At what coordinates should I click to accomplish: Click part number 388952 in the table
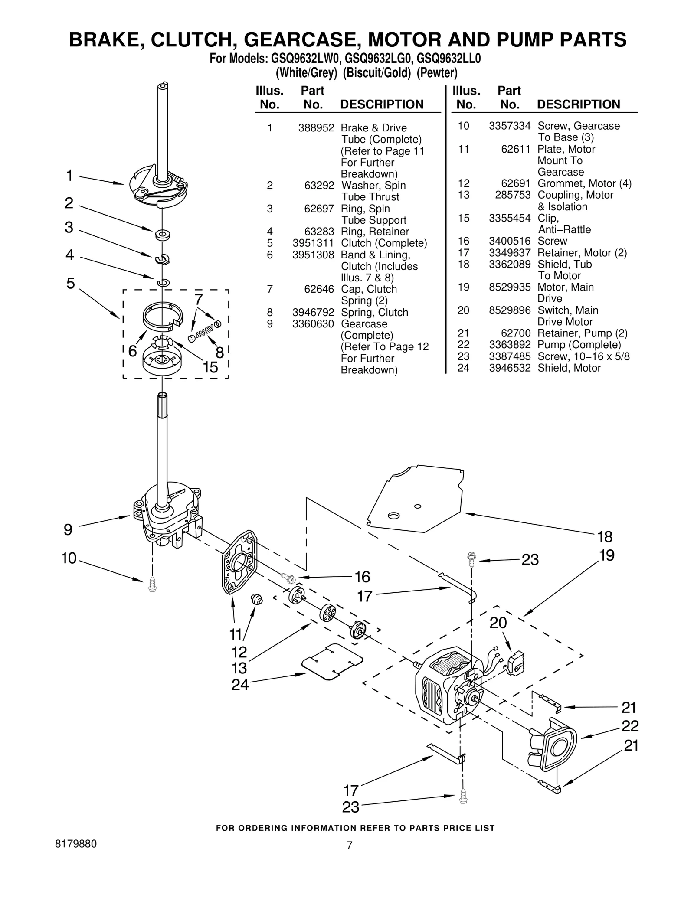click(x=316, y=128)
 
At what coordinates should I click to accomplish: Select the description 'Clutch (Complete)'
click(x=383, y=243)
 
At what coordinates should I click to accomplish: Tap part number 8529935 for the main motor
click(x=510, y=287)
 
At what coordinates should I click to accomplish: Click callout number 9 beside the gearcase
click(x=68, y=529)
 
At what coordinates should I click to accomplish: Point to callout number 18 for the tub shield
click(x=605, y=537)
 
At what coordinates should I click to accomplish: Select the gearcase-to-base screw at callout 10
click(x=152, y=585)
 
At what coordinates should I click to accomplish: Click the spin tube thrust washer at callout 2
click(x=162, y=235)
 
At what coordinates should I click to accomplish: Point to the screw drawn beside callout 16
click(x=288, y=577)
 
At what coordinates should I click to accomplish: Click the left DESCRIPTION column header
click(x=382, y=104)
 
